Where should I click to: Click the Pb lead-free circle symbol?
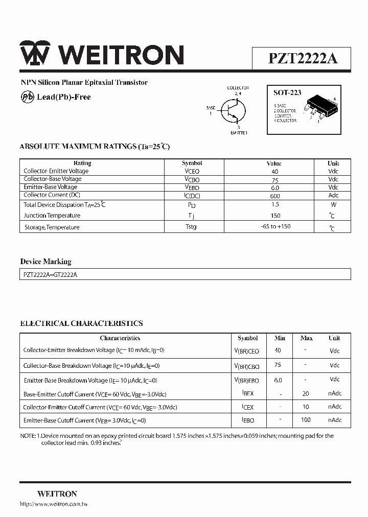[x=27, y=97]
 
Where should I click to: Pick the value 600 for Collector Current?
[x=275, y=195]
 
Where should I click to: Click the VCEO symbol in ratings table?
[x=192, y=172]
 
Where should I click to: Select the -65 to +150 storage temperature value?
[x=275, y=226]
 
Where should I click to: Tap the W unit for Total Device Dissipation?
[x=333, y=204]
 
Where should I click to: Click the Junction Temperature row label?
[x=52, y=216]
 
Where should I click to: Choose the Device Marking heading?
[x=45, y=262]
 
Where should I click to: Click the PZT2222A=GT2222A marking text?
[x=50, y=274]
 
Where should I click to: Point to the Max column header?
[x=306, y=338]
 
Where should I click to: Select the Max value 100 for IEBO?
[x=306, y=420]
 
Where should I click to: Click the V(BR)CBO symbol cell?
[x=246, y=366]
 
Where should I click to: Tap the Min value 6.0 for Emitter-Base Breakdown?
[x=278, y=380]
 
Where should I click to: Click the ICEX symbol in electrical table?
[x=247, y=407]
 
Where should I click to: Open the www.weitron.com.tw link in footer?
[x=54, y=504]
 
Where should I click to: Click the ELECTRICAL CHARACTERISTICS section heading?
[x=81, y=323]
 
